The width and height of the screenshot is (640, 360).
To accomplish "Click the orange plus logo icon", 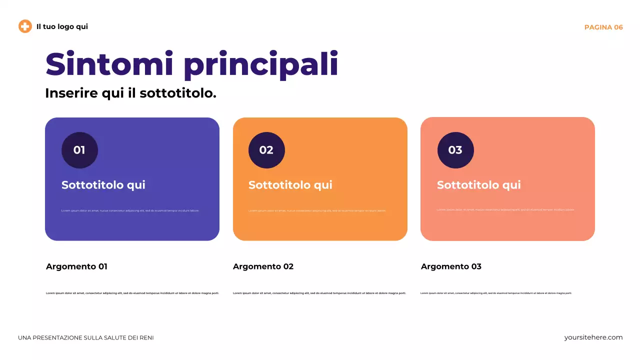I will point(25,26).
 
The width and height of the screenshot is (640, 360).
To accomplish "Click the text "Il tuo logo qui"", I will point(62,26).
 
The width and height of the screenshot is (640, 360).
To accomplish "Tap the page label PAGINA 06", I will point(603,27).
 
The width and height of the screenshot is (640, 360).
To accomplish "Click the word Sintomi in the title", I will point(110,64).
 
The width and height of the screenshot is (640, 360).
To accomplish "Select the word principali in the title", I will point(260,65).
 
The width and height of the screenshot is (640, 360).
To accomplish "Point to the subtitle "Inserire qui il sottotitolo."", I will point(130,93).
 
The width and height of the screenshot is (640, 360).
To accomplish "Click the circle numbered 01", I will point(79,150).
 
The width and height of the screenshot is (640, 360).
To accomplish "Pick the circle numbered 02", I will point(266,150).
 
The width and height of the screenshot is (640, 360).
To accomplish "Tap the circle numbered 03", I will point(455,150).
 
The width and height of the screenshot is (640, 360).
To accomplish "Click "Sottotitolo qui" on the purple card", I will point(103,185).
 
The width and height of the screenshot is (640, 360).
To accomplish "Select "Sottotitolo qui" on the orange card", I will point(290,185).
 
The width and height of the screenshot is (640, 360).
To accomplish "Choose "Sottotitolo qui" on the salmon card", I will point(479,185).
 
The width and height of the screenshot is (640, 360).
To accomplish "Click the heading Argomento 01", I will point(76,266).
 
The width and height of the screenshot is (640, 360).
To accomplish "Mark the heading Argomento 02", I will point(263,266).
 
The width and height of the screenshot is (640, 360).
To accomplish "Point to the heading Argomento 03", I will point(451,266).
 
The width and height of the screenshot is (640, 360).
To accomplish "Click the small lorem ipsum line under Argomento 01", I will point(132,293).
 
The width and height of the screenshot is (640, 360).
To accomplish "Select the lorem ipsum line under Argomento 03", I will point(496,293).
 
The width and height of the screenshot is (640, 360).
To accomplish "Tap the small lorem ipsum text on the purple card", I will point(130,210).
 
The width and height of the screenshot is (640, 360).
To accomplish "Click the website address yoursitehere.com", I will point(593,337).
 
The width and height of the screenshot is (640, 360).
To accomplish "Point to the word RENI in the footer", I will point(146,338).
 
